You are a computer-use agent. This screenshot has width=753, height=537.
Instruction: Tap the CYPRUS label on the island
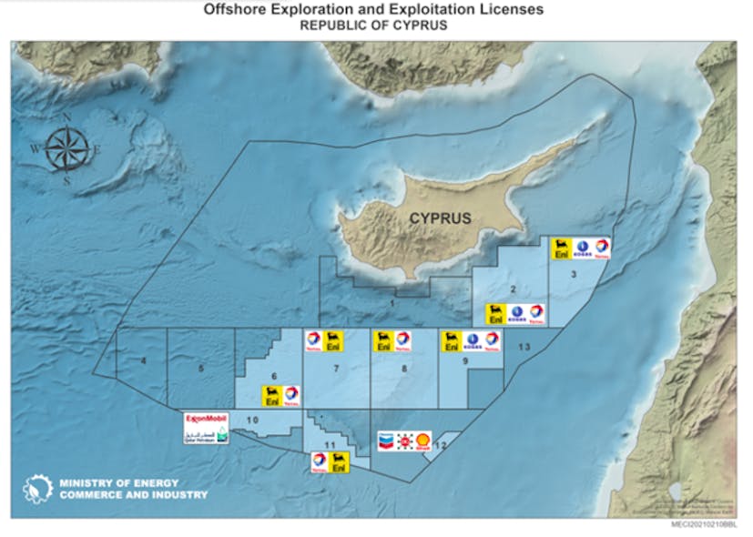tap(440, 218)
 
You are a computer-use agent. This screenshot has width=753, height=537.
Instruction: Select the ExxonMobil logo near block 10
tap(205, 418)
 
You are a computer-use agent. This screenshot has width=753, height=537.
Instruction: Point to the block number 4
tap(144, 363)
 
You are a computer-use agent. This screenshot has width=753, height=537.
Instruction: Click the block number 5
tap(201, 368)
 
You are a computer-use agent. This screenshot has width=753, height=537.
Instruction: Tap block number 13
tap(524, 348)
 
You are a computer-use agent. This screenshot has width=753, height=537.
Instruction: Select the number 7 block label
tap(337, 369)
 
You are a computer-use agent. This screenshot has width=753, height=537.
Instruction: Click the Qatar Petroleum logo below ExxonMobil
tap(205, 434)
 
